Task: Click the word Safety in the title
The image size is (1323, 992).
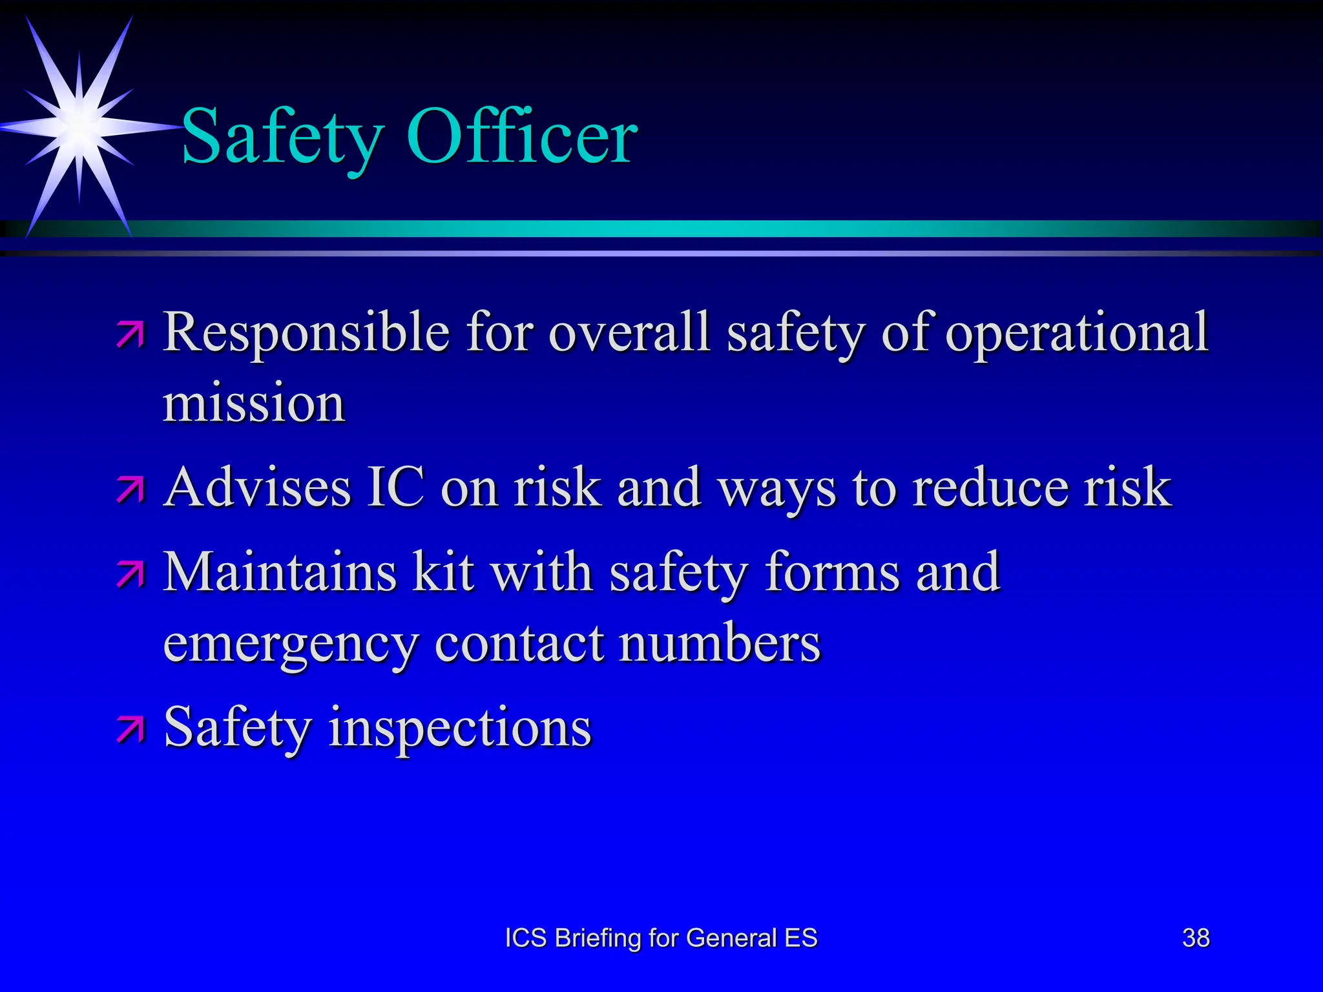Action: click(283, 137)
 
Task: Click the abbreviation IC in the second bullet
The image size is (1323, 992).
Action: click(396, 487)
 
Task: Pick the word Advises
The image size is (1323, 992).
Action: click(258, 487)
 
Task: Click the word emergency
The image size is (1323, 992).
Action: click(291, 645)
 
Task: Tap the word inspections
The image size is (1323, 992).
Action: click(460, 728)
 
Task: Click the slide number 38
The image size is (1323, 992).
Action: click(1196, 938)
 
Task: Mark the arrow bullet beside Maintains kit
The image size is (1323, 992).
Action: click(131, 574)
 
